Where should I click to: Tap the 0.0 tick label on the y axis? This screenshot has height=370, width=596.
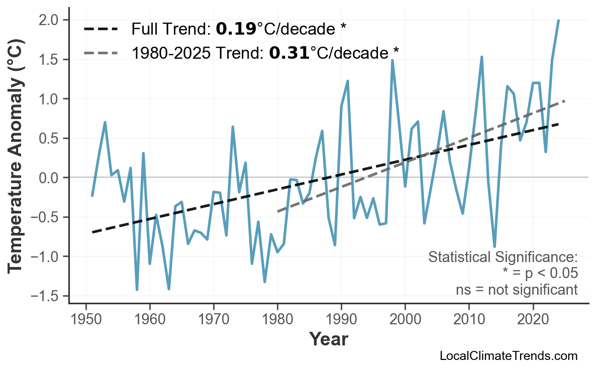pos(50,178)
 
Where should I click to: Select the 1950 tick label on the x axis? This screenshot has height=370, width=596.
pos(86,320)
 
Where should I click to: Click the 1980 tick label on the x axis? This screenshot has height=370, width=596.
pos(277,320)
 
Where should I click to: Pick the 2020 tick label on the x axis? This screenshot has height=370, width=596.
pos(533,320)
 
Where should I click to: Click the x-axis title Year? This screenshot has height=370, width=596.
pos(328,339)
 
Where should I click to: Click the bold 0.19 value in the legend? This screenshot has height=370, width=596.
pos(236,29)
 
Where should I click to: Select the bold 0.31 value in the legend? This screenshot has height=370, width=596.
pos(289,52)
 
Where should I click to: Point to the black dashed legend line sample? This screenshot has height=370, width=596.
pos(101,29)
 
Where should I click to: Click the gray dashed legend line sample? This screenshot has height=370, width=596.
pos(101,52)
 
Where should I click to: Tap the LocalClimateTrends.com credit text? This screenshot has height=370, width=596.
pos(508,356)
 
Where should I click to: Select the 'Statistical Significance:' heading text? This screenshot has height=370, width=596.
pos(503,258)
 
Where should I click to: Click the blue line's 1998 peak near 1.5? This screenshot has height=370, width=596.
pos(392,61)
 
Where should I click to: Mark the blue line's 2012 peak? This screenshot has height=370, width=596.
pos(481,57)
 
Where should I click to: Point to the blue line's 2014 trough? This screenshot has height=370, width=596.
pos(494,246)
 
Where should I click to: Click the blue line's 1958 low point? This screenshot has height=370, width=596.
pos(137,290)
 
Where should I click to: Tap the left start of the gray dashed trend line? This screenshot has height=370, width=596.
pos(278,211)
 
